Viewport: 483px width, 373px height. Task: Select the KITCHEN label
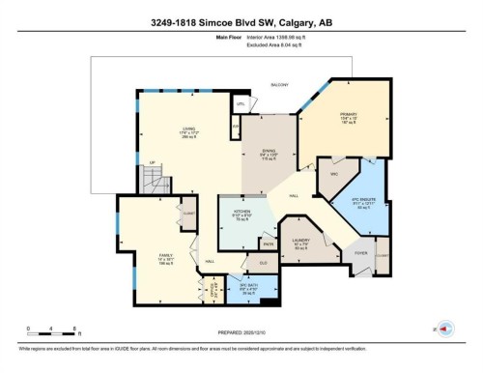point(236,214)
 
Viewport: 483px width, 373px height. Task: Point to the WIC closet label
point(332,174)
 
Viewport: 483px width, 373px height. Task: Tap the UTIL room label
point(240,104)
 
